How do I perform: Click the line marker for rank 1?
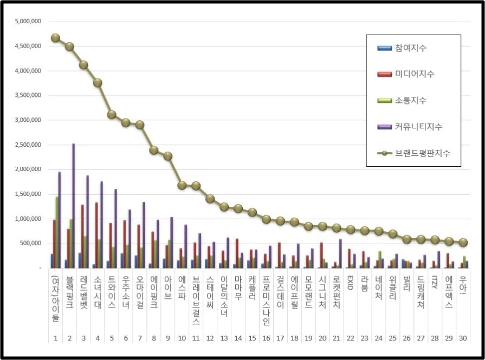coord(55,38)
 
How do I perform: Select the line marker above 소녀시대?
coord(98,83)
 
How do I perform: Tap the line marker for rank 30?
coord(462,243)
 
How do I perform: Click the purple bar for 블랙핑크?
coord(73,206)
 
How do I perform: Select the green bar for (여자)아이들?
coord(57,232)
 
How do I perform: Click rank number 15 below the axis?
coord(251,338)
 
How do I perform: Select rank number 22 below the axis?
coord(350,338)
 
